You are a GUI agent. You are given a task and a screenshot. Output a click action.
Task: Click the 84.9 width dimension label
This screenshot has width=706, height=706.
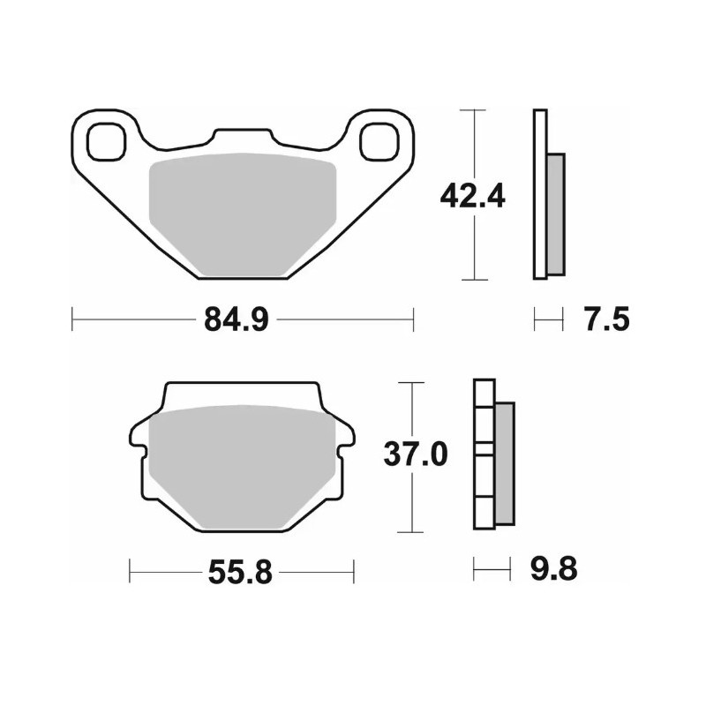click(x=236, y=319)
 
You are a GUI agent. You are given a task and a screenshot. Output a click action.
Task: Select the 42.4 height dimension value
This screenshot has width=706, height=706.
click(x=472, y=195)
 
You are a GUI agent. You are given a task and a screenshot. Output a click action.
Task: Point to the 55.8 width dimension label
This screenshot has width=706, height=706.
click(x=239, y=574)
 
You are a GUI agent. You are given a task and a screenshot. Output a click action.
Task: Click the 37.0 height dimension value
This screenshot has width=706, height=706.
click(x=415, y=455)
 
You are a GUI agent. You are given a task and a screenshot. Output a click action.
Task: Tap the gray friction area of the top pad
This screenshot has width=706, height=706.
click(x=243, y=212)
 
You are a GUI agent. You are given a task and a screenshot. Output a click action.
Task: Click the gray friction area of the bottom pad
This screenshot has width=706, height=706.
click(x=243, y=468)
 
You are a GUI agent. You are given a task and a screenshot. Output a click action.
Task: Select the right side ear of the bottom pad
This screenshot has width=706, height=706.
click(x=346, y=437)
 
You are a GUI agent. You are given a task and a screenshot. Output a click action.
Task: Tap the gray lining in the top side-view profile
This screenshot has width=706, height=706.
click(x=555, y=214)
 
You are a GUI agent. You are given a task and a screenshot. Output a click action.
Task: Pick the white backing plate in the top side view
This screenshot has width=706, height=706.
click(x=540, y=194)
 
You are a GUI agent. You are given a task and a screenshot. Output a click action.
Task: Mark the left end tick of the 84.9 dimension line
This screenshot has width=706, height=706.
click(x=72, y=319)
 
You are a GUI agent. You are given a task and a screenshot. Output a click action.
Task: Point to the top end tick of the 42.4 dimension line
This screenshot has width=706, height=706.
click(x=475, y=110)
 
